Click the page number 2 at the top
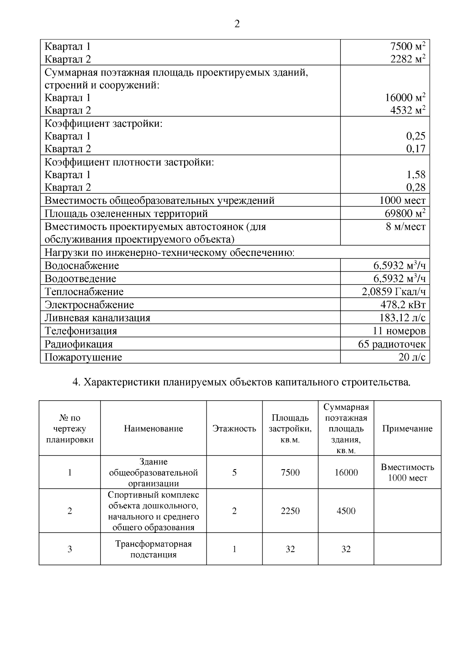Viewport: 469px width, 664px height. [x=237, y=24]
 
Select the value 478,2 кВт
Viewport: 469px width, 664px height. [x=403, y=304]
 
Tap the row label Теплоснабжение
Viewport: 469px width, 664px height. [x=84, y=292]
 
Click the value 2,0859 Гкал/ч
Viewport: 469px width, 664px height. [x=394, y=292]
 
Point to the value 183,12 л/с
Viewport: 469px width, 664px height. [x=402, y=318]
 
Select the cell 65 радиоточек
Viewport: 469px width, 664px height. [x=392, y=344]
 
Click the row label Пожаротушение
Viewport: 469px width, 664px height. [x=83, y=357]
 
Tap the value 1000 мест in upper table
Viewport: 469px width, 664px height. [x=402, y=200]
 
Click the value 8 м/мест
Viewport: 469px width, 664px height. [x=405, y=227]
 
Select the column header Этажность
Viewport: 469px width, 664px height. [x=234, y=428]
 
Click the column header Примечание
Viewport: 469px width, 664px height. [x=407, y=428]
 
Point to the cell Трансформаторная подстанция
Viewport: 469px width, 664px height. [x=153, y=549]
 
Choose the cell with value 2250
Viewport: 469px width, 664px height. [x=290, y=511]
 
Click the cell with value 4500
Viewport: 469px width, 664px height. [x=346, y=511]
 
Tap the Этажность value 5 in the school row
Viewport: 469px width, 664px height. [x=234, y=472]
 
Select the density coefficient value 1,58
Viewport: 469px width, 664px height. [x=416, y=175]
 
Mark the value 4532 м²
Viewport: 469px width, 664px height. [x=408, y=110]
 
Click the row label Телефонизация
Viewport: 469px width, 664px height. [x=81, y=331]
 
